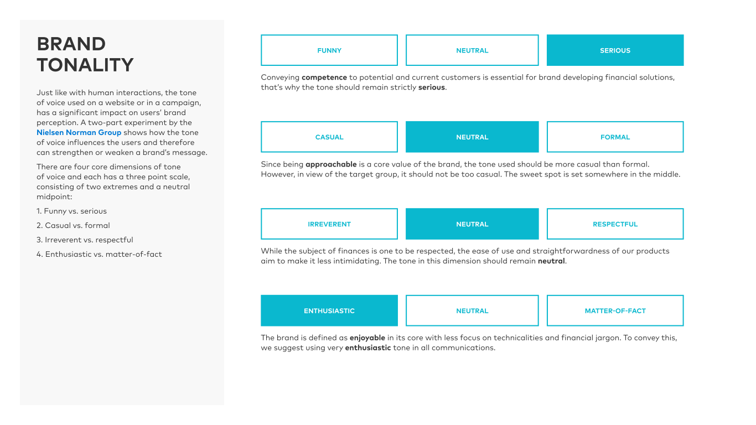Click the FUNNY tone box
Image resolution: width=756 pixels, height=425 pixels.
[x=329, y=50]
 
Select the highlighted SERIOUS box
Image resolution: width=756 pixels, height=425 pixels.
[x=615, y=50]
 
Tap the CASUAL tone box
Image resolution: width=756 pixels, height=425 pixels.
[x=329, y=137]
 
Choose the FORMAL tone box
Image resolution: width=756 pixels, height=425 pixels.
[x=615, y=137]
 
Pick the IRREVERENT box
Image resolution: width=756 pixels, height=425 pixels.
[x=329, y=224]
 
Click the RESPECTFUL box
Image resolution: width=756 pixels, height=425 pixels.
[x=615, y=224]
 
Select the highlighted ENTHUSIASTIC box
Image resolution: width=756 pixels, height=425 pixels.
[x=329, y=311]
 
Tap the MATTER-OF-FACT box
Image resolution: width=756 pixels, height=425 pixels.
[x=615, y=311]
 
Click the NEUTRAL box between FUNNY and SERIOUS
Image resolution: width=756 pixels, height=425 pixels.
[x=472, y=50]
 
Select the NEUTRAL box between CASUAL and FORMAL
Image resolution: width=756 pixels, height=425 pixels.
[x=472, y=137]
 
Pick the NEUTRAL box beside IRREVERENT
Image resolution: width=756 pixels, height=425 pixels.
[x=472, y=224]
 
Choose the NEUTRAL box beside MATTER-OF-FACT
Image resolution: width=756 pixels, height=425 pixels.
[x=472, y=311]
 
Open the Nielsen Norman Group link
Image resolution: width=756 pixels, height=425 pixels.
[x=79, y=133]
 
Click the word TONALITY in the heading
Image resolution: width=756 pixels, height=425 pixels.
[x=85, y=65]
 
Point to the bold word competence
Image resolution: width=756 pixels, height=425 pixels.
[x=324, y=77]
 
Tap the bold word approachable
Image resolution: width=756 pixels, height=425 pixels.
[x=332, y=164]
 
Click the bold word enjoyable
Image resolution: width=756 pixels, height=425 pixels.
[x=367, y=338]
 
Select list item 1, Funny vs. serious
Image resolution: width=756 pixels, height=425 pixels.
[x=71, y=211]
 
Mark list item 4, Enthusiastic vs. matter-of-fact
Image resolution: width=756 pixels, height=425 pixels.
[x=99, y=255]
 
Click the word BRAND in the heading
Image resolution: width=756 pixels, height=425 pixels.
[x=71, y=44]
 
